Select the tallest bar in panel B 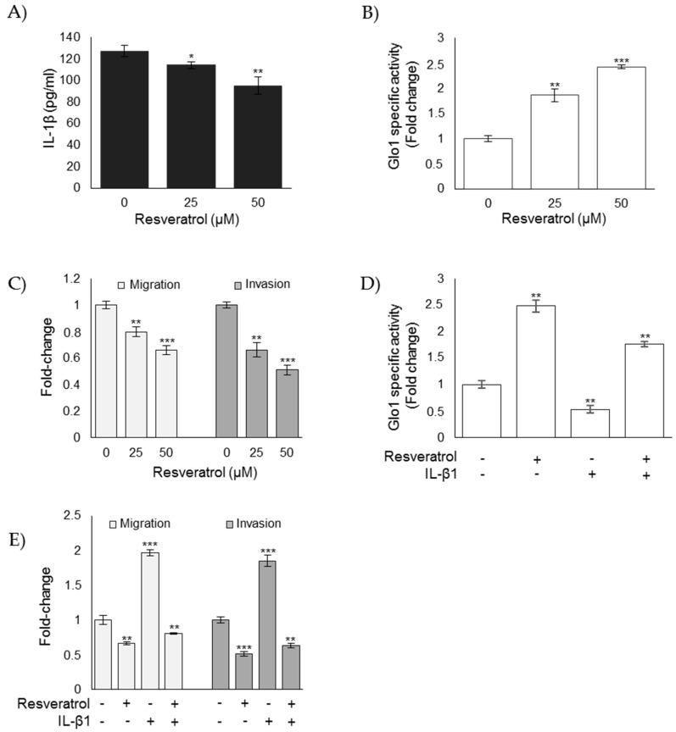coord(621,127)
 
